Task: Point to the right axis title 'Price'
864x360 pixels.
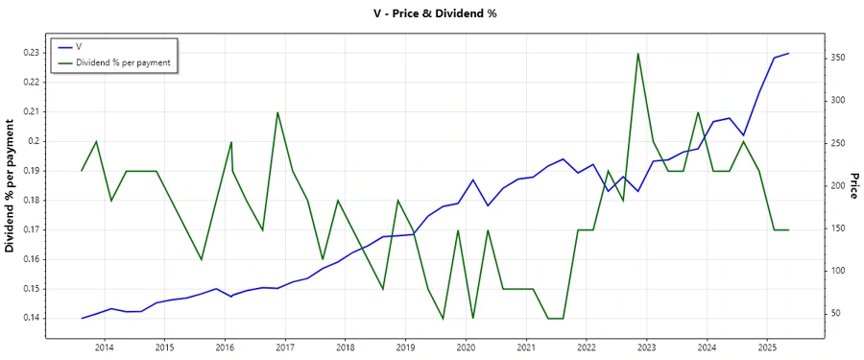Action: point(853,185)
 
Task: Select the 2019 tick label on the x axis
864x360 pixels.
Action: point(405,347)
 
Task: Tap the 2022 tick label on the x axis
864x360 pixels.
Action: point(586,347)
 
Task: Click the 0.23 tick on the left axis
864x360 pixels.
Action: point(32,53)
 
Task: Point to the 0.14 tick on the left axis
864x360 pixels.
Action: point(32,319)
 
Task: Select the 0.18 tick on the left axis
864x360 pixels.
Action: point(32,201)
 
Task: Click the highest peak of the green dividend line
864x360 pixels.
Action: point(638,53)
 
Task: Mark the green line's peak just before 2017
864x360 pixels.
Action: point(277,112)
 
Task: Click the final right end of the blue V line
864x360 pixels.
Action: point(788,54)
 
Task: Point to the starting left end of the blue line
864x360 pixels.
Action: point(82,318)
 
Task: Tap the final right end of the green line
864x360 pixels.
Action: point(788,229)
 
